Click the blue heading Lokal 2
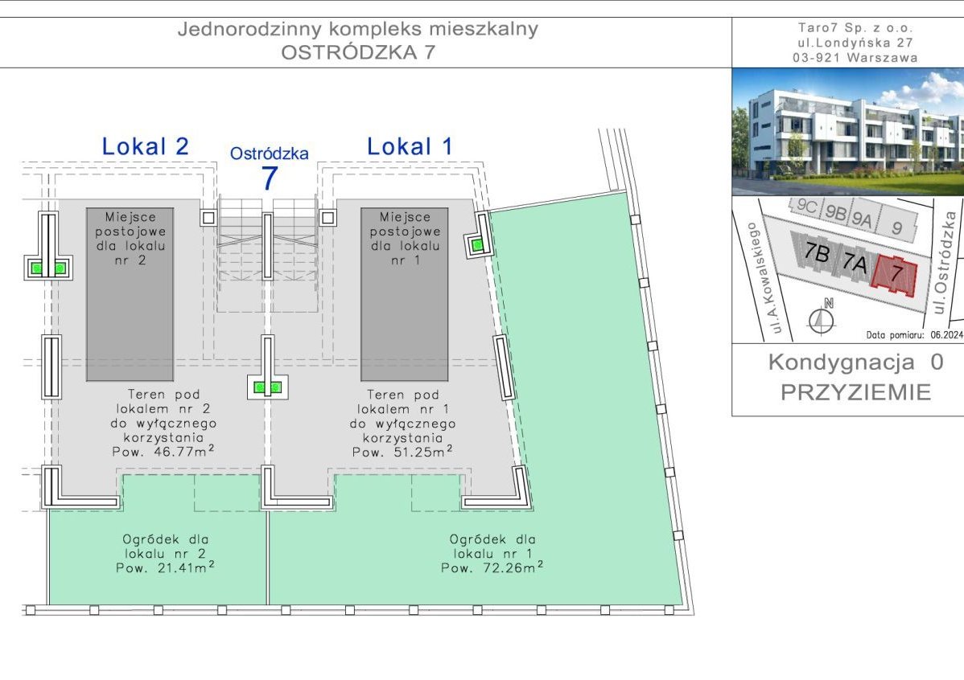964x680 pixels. pyautogui.click(x=145, y=147)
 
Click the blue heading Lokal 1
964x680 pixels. pyautogui.click(x=410, y=147)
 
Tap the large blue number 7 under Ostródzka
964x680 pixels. pyautogui.click(x=270, y=178)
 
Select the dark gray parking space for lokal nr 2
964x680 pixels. pyautogui.click(x=130, y=294)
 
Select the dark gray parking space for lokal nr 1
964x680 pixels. pyautogui.click(x=405, y=294)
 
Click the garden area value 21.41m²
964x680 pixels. pyautogui.click(x=187, y=567)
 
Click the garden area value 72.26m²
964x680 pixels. pyautogui.click(x=512, y=567)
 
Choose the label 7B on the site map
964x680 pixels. pyautogui.click(x=817, y=252)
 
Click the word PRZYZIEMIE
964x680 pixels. pyautogui.click(x=856, y=392)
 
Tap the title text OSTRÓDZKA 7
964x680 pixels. pyautogui.click(x=358, y=52)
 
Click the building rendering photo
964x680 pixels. pyautogui.click(x=848, y=132)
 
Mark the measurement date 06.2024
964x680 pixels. pyautogui.click(x=947, y=335)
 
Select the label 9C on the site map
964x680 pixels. pyautogui.click(x=806, y=206)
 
